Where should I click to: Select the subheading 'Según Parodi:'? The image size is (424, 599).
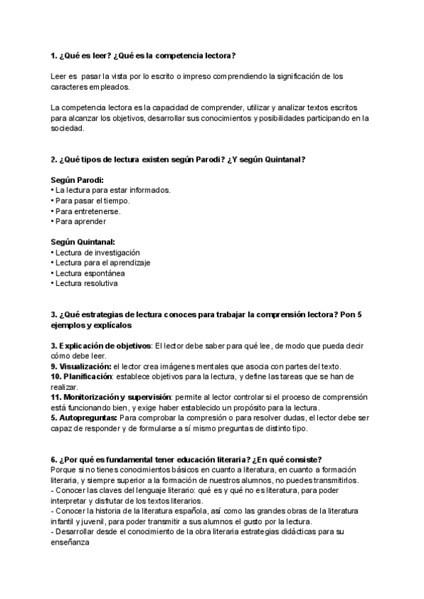[x=78, y=180]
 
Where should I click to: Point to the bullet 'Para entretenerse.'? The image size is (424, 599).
[x=88, y=211]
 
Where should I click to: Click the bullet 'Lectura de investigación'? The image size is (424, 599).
[x=97, y=252]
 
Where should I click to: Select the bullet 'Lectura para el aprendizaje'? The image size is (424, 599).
[x=102, y=263]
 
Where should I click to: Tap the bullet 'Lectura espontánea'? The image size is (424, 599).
[x=90, y=273]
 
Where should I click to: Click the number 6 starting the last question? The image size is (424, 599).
[x=54, y=459]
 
